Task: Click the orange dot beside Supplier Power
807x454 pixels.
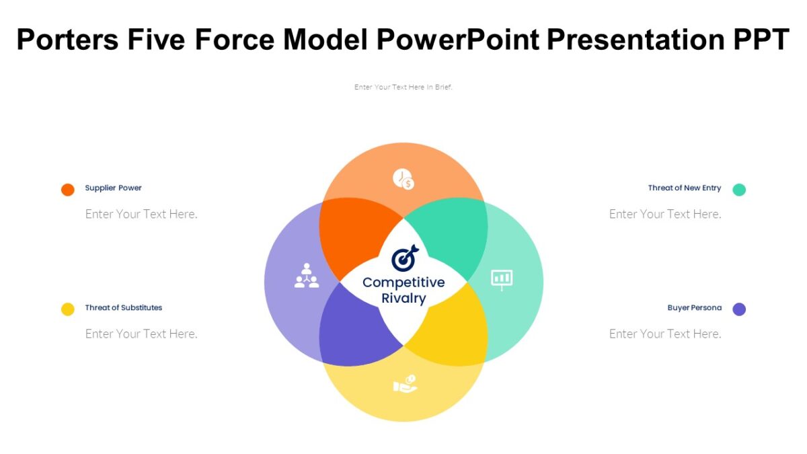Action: (x=68, y=190)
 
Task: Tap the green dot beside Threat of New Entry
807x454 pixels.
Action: (x=739, y=190)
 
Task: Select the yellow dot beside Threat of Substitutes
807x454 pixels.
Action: (x=68, y=309)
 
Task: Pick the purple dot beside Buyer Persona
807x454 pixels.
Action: (x=739, y=309)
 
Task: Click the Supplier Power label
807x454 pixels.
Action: (x=113, y=188)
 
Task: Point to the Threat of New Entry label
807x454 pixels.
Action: (x=684, y=188)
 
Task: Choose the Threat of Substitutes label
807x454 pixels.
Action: (x=123, y=307)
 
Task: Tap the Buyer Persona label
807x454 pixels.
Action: (x=694, y=307)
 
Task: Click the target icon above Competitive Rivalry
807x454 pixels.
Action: (x=404, y=258)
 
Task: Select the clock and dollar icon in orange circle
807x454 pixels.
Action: (x=403, y=179)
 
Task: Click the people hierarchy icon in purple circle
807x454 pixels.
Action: (x=307, y=276)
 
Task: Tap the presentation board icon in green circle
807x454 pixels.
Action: (x=502, y=278)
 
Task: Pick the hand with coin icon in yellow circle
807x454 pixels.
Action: (x=405, y=384)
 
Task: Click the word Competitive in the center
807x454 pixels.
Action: (x=403, y=282)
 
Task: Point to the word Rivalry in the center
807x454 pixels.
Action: (x=403, y=299)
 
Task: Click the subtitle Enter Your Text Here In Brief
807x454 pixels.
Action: (x=403, y=87)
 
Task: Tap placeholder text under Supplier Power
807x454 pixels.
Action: (x=141, y=214)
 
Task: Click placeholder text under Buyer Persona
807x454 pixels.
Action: (x=665, y=334)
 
